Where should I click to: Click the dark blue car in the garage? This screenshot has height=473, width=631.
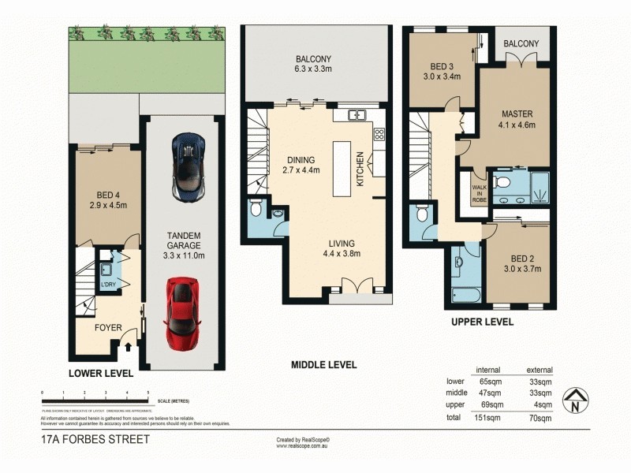click(x=189, y=166)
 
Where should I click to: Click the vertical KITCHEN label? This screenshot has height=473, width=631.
click(x=361, y=168)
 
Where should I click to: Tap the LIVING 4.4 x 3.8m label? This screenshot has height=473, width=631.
click(x=342, y=248)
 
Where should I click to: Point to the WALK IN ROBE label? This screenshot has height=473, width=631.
click(x=479, y=192)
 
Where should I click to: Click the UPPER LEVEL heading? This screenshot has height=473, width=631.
click(x=482, y=322)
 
